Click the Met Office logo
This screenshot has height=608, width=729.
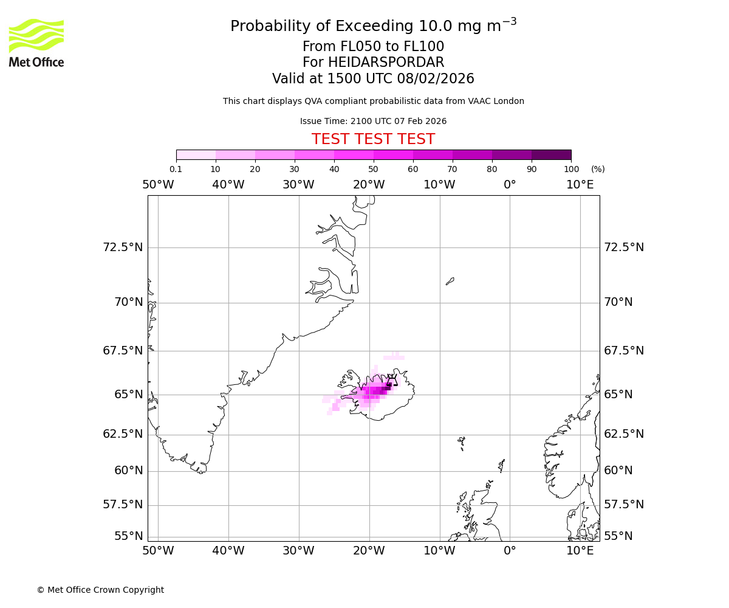click(36, 43)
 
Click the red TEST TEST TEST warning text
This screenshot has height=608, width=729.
click(373, 139)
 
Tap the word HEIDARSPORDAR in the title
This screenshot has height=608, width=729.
click(386, 63)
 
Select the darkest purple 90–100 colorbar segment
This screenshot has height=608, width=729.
click(551, 154)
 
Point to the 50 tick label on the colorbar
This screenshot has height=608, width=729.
click(373, 169)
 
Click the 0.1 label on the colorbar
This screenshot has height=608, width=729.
click(176, 169)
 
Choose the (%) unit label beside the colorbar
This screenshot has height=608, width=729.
click(598, 169)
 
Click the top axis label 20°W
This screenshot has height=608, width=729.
click(369, 184)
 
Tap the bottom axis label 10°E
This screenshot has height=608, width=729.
click(580, 551)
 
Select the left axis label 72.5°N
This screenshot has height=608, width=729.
click(123, 247)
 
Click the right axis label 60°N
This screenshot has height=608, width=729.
click(618, 471)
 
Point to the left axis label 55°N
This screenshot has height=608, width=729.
click(129, 536)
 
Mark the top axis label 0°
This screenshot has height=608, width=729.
click(510, 184)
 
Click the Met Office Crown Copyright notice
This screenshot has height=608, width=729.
click(100, 590)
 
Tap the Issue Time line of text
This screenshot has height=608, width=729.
click(373, 121)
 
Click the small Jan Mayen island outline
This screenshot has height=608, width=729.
click(450, 281)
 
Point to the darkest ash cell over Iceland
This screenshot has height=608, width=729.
click(388, 387)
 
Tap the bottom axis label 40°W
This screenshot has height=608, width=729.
click(228, 551)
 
